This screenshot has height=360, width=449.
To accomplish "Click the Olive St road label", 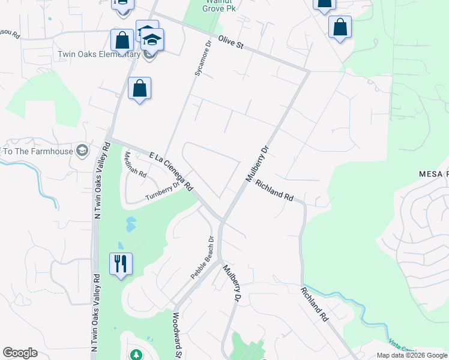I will [x=230, y=44].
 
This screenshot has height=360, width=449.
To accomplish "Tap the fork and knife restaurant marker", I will [x=121, y=264].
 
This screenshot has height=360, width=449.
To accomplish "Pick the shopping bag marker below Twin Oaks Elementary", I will [x=139, y=89].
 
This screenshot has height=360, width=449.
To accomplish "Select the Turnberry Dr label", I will [x=163, y=191].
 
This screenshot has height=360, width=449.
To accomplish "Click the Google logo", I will [x=20, y=353].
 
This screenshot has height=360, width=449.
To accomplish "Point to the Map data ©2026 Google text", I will [x=412, y=355].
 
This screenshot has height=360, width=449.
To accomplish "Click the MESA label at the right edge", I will [x=433, y=174].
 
